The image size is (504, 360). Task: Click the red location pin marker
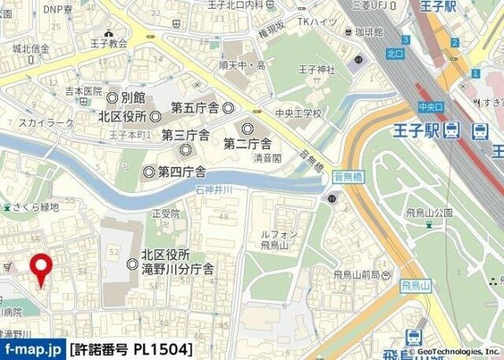tap(41, 268)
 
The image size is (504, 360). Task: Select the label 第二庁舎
tap(247, 143)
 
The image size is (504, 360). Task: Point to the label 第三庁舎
tap(185, 135)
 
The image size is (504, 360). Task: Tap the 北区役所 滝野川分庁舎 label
tap(177, 262)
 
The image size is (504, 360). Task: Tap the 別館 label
tap(133, 98)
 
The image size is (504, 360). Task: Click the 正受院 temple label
tap(166, 213)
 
